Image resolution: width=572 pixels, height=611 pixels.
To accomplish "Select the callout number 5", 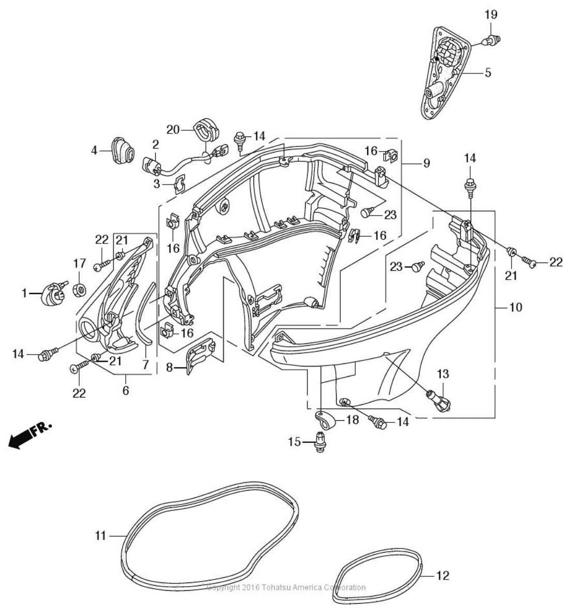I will pyautogui.click(x=488, y=72).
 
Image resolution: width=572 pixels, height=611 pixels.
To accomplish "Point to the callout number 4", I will pyautogui.click(x=94, y=151).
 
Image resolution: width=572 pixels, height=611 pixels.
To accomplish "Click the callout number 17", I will pyautogui.click(x=79, y=263).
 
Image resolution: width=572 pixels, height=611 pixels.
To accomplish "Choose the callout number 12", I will pyautogui.click(x=443, y=575).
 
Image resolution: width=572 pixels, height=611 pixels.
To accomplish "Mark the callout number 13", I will pyautogui.click(x=443, y=374).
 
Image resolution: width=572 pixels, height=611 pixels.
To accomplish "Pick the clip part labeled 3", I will pyautogui.click(x=179, y=185).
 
